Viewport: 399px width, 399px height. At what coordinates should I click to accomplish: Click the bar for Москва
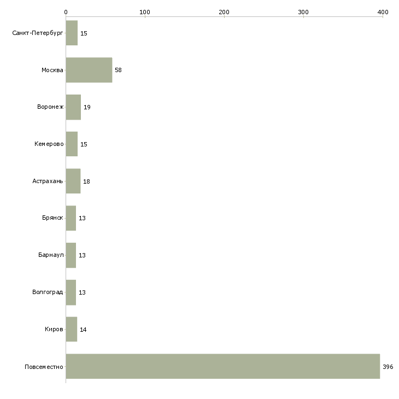[89, 70]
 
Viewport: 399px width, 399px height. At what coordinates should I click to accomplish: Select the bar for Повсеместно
[223, 366]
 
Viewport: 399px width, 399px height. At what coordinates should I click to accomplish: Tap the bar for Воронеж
[73, 107]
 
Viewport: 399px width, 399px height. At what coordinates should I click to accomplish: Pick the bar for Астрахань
[73, 181]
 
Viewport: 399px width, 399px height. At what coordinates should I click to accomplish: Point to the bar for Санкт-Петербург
[72, 33]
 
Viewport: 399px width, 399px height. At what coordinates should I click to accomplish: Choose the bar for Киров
[72, 329]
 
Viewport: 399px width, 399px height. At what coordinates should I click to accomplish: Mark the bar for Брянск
[71, 218]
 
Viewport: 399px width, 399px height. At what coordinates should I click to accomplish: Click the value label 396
[388, 366]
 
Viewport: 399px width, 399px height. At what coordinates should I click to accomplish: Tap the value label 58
[118, 70]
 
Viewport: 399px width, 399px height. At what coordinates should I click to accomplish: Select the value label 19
[87, 107]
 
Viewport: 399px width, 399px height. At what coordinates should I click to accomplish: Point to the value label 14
[83, 330]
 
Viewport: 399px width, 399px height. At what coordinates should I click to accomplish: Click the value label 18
[86, 181]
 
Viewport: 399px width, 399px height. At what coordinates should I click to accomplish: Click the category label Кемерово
[49, 144]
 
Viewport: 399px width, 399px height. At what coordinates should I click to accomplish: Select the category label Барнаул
[51, 255]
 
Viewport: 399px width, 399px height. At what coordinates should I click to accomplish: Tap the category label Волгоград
[48, 292]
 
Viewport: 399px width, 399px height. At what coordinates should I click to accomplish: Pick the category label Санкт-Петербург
[38, 33]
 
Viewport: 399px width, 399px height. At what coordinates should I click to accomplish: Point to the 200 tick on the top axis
[224, 11]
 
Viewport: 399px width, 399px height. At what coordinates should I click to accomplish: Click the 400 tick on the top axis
[383, 11]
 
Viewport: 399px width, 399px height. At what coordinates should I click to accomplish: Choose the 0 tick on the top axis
[66, 11]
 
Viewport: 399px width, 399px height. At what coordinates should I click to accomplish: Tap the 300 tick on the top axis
[303, 11]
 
